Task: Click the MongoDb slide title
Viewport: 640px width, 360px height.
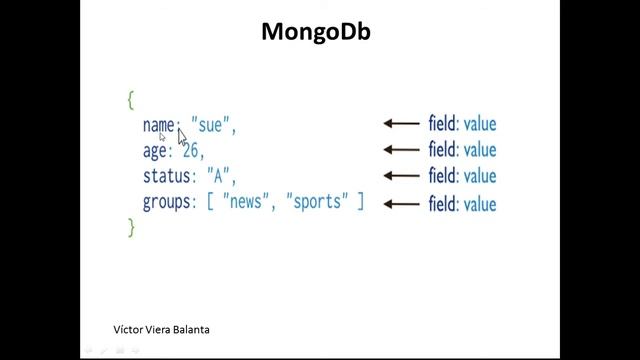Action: click(x=316, y=32)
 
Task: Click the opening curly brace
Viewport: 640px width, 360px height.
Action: click(x=130, y=99)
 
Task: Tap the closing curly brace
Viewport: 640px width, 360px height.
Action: click(x=130, y=228)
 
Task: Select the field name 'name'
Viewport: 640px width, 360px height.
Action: click(x=158, y=125)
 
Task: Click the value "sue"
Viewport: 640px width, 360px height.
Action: click(x=210, y=125)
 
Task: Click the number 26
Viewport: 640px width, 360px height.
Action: click(x=191, y=151)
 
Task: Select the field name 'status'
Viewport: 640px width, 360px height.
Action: click(x=167, y=177)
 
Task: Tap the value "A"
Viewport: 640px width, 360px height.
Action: click(x=218, y=177)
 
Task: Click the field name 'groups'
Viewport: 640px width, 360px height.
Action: click(x=167, y=203)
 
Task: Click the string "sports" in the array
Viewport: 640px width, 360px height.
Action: click(x=317, y=203)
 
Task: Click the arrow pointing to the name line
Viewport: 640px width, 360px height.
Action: click(x=401, y=124)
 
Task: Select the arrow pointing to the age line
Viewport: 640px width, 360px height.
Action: click(x=401, y=150)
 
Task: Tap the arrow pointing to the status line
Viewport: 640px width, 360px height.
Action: click(x=401, y=177)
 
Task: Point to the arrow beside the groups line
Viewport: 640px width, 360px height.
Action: click(x=401, y=204)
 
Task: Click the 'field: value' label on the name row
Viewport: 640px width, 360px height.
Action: click(x=462, y=124)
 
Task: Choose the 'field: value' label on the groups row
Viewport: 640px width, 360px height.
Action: click(x=462, y=204)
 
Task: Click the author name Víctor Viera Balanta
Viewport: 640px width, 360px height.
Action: click(x=162, y=329)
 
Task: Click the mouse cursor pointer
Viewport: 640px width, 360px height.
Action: click(x=182, y=135)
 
